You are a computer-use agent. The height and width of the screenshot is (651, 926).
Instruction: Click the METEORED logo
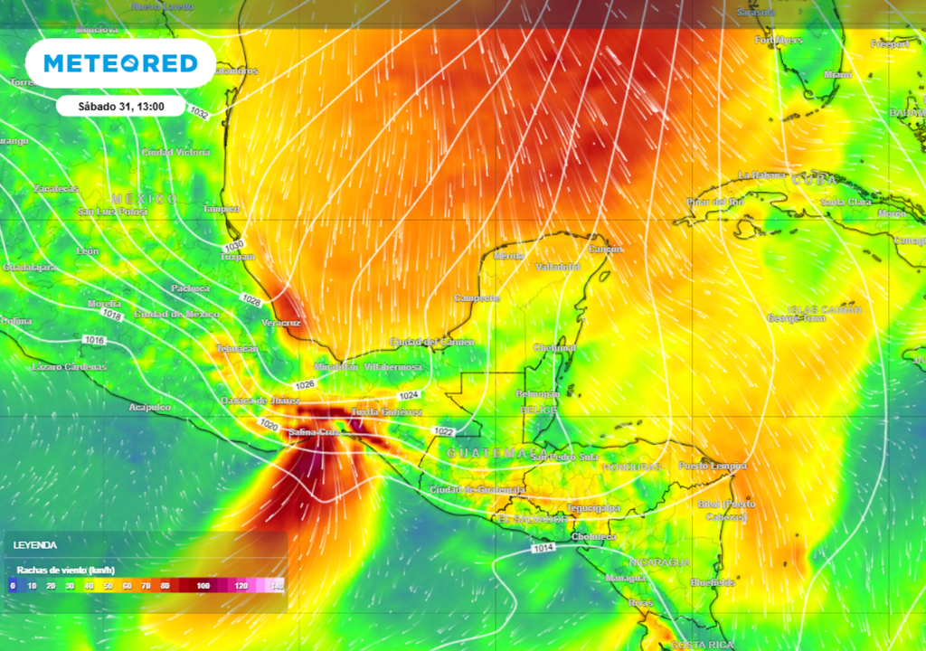tap(120, 63)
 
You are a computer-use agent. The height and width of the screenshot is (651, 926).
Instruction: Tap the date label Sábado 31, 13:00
tap(120, 107)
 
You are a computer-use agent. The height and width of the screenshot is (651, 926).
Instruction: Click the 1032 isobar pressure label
tap(199, 114)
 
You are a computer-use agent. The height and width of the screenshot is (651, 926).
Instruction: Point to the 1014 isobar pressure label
tap(543, 549)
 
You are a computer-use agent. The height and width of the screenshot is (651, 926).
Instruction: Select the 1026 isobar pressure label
tap(305, 385)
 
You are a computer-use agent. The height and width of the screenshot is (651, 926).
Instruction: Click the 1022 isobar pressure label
tap(443, 431)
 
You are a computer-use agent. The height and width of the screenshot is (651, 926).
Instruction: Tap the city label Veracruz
tap(282, 323)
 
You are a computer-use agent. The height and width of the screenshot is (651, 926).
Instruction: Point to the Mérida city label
tap(508, 256)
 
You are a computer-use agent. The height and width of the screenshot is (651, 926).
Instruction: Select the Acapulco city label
tap(149, 408)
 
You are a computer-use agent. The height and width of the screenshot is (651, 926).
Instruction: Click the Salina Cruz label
tap(315, 434)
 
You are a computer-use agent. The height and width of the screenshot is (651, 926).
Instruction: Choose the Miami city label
tap(838, 74)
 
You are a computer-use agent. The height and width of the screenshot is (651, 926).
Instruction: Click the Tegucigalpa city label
tap(593, 508)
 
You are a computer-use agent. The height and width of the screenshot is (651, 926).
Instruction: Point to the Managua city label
tap(626, 577)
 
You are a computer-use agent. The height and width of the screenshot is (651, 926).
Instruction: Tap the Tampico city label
tap(222, 209)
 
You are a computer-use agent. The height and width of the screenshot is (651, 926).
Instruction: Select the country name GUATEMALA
tap(497, 451)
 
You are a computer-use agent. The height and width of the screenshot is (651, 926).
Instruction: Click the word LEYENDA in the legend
tap(34, 545)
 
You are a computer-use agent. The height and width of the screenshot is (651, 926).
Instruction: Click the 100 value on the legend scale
tap(203, 586)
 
